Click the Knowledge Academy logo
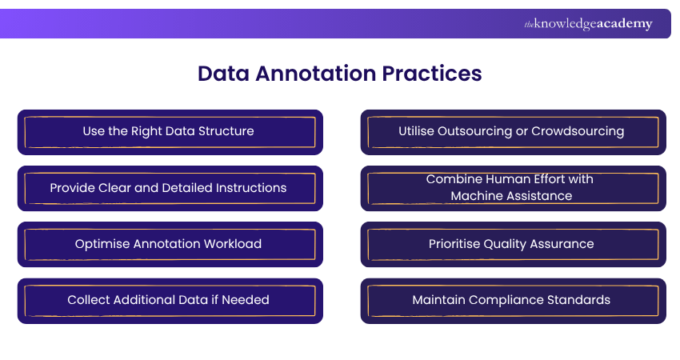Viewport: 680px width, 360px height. tap(588, 24)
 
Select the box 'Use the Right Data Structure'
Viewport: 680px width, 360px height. tap(170, 131)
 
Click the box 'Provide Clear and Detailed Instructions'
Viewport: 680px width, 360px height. tap(170, 188)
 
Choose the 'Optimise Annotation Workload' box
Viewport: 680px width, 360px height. tap(170, 244)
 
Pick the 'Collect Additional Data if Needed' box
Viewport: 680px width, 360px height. tap(170, 300)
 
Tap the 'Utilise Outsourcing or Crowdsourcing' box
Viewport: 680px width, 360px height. tap(513, 131)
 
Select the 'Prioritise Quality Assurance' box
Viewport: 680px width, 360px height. tap(513, 244)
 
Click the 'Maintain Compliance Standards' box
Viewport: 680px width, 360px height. tap(513, 300)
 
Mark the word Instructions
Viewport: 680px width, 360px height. tap(249, 188)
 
